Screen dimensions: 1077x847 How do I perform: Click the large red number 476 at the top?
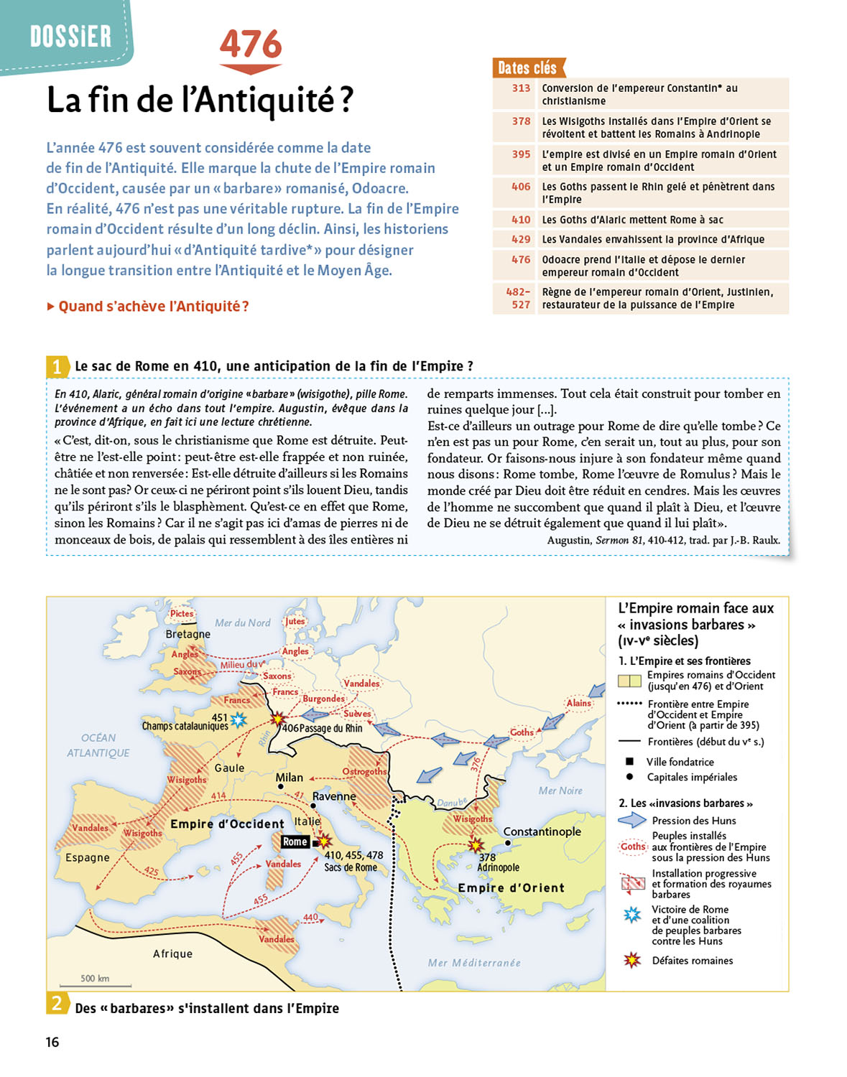click(x=251, y=45)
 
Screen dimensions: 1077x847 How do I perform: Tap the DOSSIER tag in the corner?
click(x=70, y=36)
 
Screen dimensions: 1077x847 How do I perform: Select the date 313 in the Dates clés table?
click(x=521, y=88)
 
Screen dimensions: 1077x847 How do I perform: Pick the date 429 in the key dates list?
click(x=521, y=240)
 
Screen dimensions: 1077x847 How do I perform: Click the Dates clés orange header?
click(x=528, y=68)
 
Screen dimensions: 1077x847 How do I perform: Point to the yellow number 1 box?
click(x=57, y=367)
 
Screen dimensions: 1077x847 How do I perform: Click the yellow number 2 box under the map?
click(x=57, y=1003)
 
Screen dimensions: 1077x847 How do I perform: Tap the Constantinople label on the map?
click(x=542, y=831)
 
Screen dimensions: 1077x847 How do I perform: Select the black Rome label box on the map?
click(x=295, y=841)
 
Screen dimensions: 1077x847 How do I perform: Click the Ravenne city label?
click(x=334, y=796)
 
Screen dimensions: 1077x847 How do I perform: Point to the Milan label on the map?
click(x=290, y=778)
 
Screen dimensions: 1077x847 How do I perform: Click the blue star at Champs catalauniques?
click(x=238, y=719)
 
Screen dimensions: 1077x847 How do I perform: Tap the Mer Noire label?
click(x=560, y=791)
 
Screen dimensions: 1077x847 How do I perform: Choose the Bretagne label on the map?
click(x=188, y=634)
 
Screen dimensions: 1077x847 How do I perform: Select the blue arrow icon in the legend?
click(x=632, y=820)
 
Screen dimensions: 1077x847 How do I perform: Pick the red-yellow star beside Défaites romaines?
click(x=632, y=960)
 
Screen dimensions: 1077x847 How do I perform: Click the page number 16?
click(x=52, y=1043)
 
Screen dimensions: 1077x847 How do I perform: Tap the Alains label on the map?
click(x=578, y=703)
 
